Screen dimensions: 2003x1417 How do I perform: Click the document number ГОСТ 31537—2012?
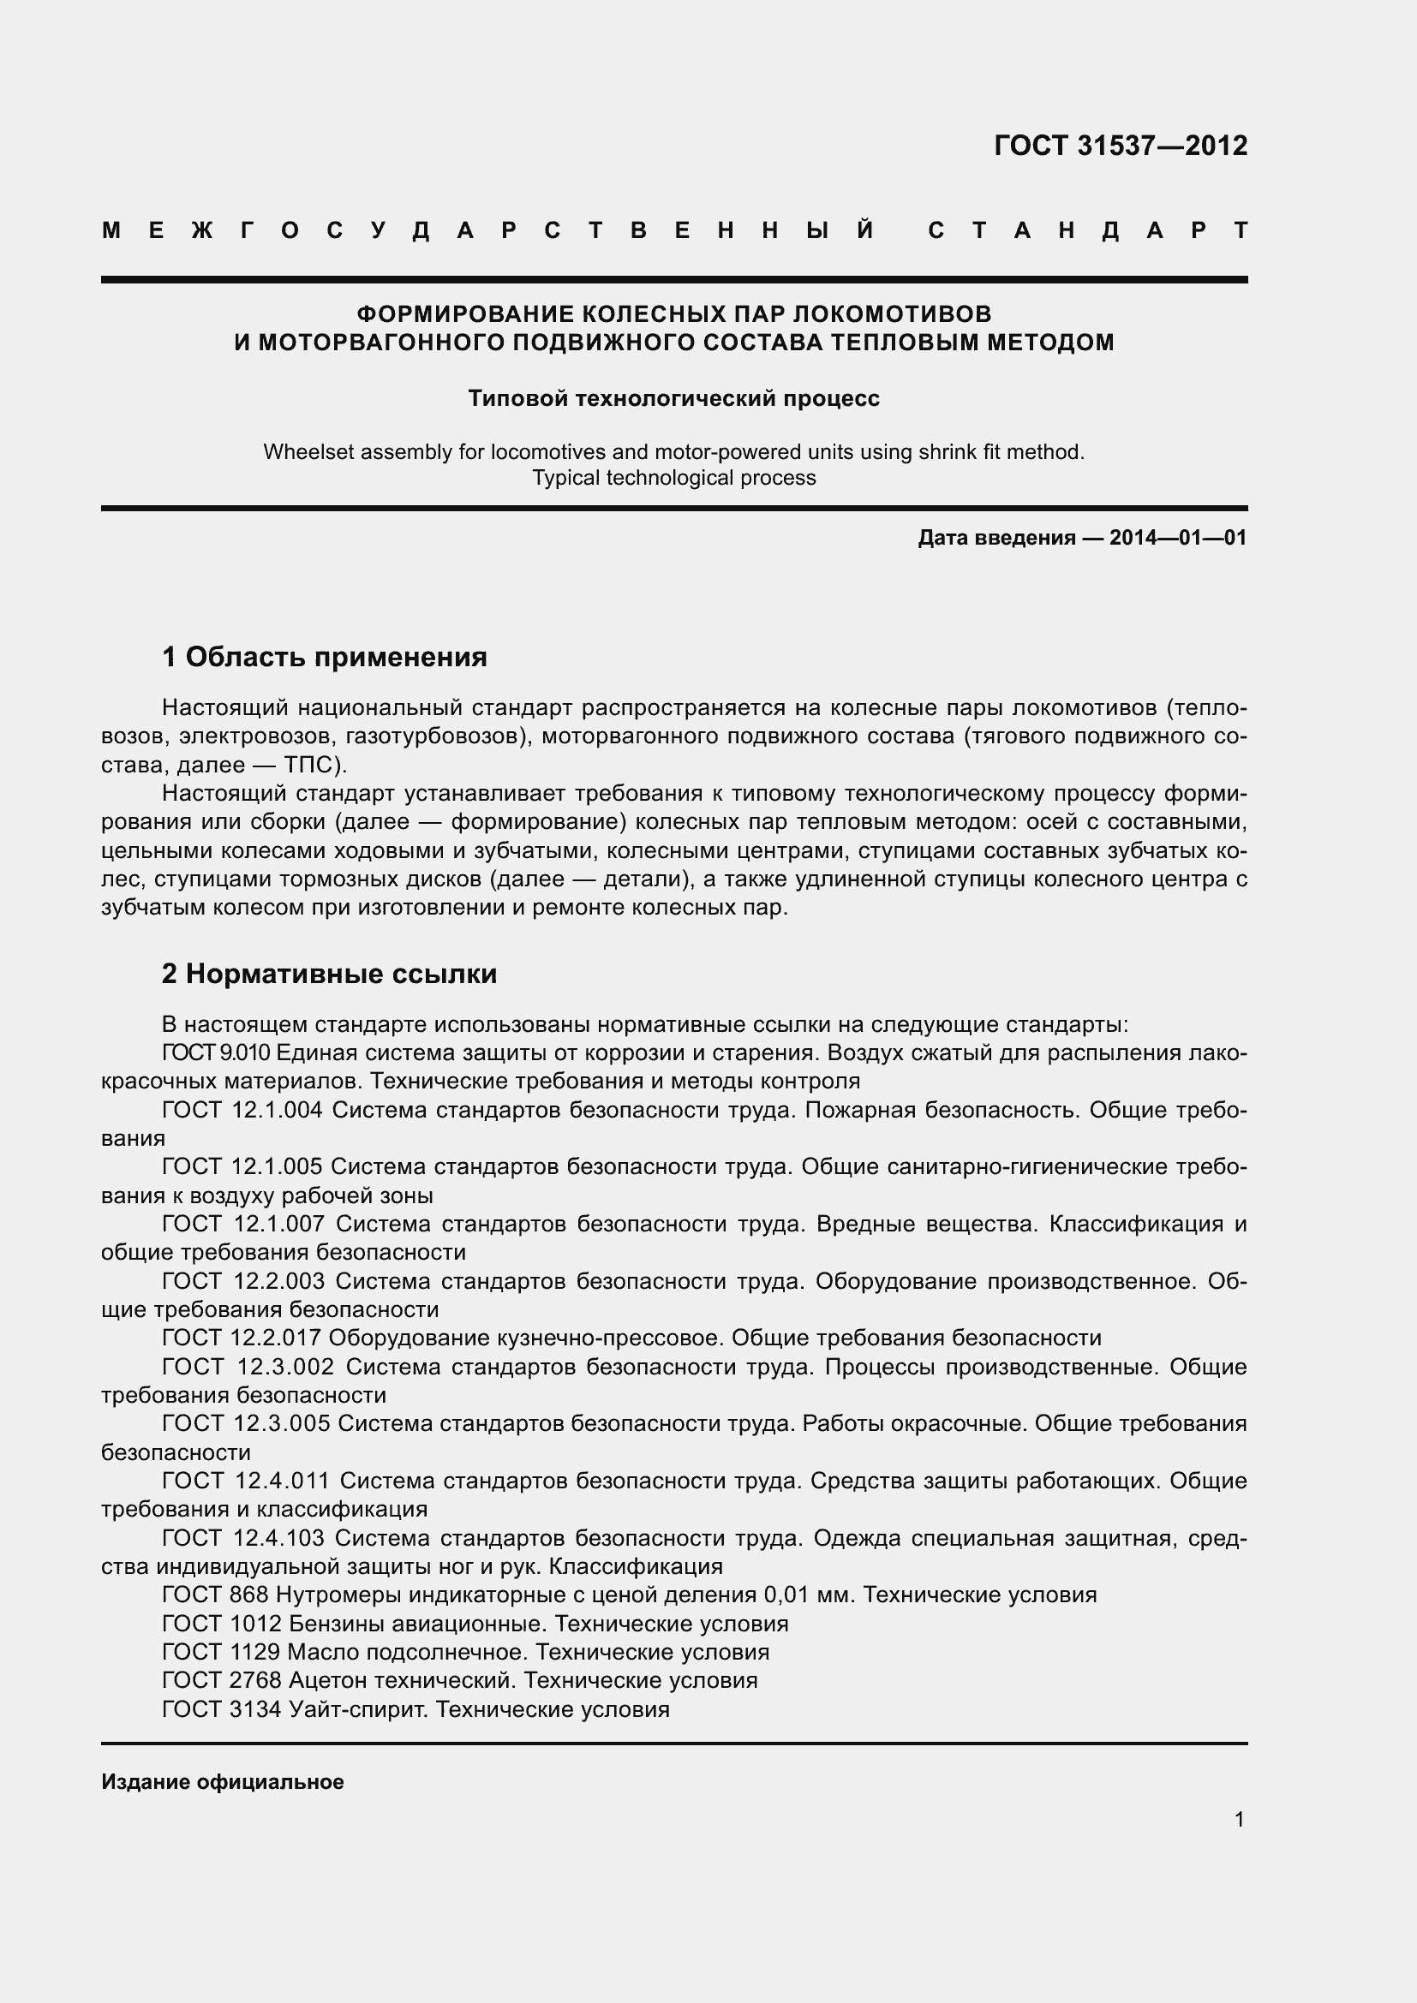coord(1121,145)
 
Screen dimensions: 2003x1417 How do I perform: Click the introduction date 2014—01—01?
coord(1177,538)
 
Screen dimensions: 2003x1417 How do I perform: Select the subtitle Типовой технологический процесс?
coord(673,399)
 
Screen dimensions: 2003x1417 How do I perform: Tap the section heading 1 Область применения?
coord(325,656)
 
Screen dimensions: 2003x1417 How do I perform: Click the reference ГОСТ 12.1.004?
coord(242,1110)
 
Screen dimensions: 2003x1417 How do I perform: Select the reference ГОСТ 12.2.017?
coord(242,1338)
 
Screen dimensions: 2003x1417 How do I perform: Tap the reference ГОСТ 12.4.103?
coord(242,1537)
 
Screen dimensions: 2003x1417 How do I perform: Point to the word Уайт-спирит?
coord(358,1708)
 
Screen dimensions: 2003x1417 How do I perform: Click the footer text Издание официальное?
coord(223,1781)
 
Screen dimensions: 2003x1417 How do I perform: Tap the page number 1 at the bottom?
coord(1239,1819)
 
